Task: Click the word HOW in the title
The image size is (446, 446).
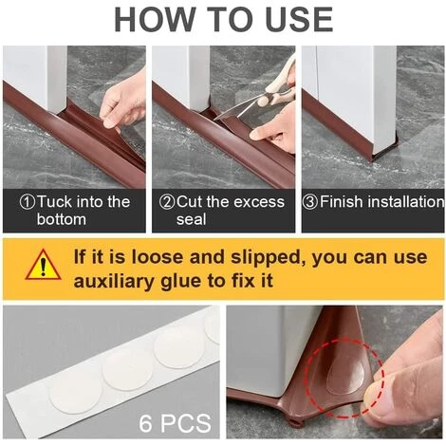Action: point(154,19)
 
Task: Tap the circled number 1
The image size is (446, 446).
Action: point(28,202)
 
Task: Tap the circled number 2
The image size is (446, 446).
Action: point(167,202)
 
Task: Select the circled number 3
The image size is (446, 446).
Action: point(310,202)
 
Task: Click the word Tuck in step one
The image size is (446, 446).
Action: point(55,202)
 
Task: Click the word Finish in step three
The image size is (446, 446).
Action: point(342,202)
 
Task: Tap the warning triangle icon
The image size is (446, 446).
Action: point(44,265)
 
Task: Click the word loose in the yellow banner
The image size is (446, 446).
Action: point(158,256)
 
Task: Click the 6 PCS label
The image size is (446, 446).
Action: point(175,423)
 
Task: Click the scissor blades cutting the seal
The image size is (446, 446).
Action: point(235,112)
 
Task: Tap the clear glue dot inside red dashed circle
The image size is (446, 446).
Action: point(345,378)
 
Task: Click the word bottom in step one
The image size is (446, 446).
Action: point(62,219)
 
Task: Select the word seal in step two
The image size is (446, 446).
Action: point(191,219)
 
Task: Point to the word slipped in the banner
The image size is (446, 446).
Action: point(265,257)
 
